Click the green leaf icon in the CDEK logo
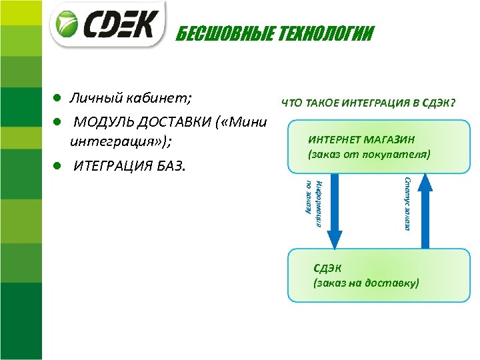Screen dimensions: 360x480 [x=68, y=25]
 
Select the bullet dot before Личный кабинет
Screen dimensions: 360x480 [x=58, y=98]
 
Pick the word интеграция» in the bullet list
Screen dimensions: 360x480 [x=121, y=141]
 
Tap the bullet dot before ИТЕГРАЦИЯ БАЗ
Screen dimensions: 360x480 [x=58, y=164]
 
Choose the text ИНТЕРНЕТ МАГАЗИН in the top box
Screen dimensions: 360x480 [x=361, y=139]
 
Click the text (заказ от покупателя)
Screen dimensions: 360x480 [x=369, y=154]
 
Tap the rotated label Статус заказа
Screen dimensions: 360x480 [x=407, y=203]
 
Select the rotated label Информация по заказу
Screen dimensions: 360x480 [x=313, y=203]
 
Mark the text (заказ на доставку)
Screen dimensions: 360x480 [x=366, y=283]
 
